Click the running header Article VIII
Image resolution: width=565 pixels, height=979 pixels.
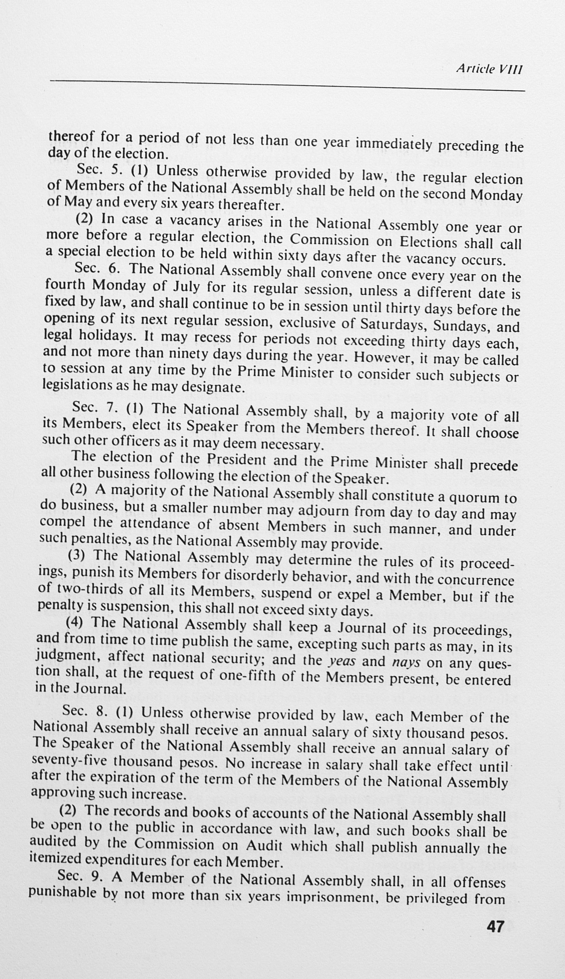pos(489,69)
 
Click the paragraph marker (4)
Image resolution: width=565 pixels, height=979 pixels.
pos(74,622)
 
